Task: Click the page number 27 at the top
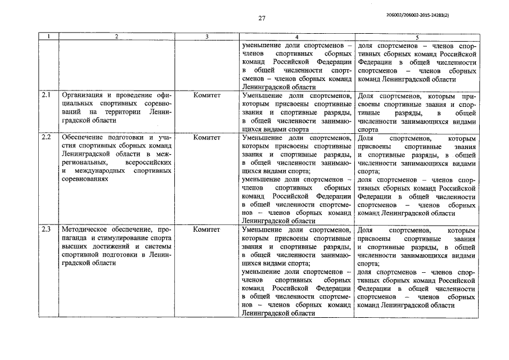(x=262, y=18)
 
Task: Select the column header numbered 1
(x=49, y=37)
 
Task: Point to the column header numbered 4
(x=296, y=37)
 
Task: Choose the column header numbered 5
(x=417, y=37)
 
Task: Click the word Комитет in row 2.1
(x=206, y=96)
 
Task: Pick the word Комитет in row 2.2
(x=206, y=137)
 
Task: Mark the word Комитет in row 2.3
(x=206, y=230)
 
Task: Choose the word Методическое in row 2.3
(x=87, y=230)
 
